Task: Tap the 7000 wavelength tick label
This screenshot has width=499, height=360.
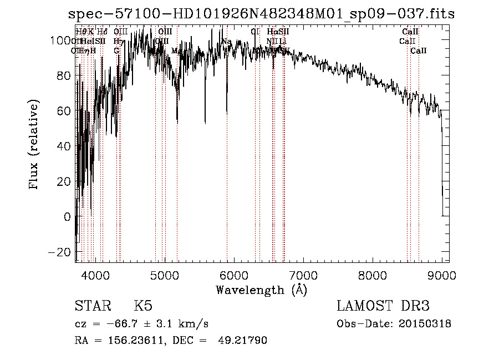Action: [303, 275]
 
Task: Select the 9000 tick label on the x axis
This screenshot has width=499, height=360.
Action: [442, 275]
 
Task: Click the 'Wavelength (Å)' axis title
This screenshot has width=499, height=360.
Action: [261, 290]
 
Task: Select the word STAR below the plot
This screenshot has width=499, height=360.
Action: [92, 306]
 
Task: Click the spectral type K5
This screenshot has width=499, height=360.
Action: [142, 306]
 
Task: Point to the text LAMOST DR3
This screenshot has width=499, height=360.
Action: [383, 306]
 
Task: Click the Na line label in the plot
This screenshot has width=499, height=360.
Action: [226, 42]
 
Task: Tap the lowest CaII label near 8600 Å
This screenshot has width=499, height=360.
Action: [419, 51]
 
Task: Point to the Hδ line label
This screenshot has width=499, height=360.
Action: [102, 32]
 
